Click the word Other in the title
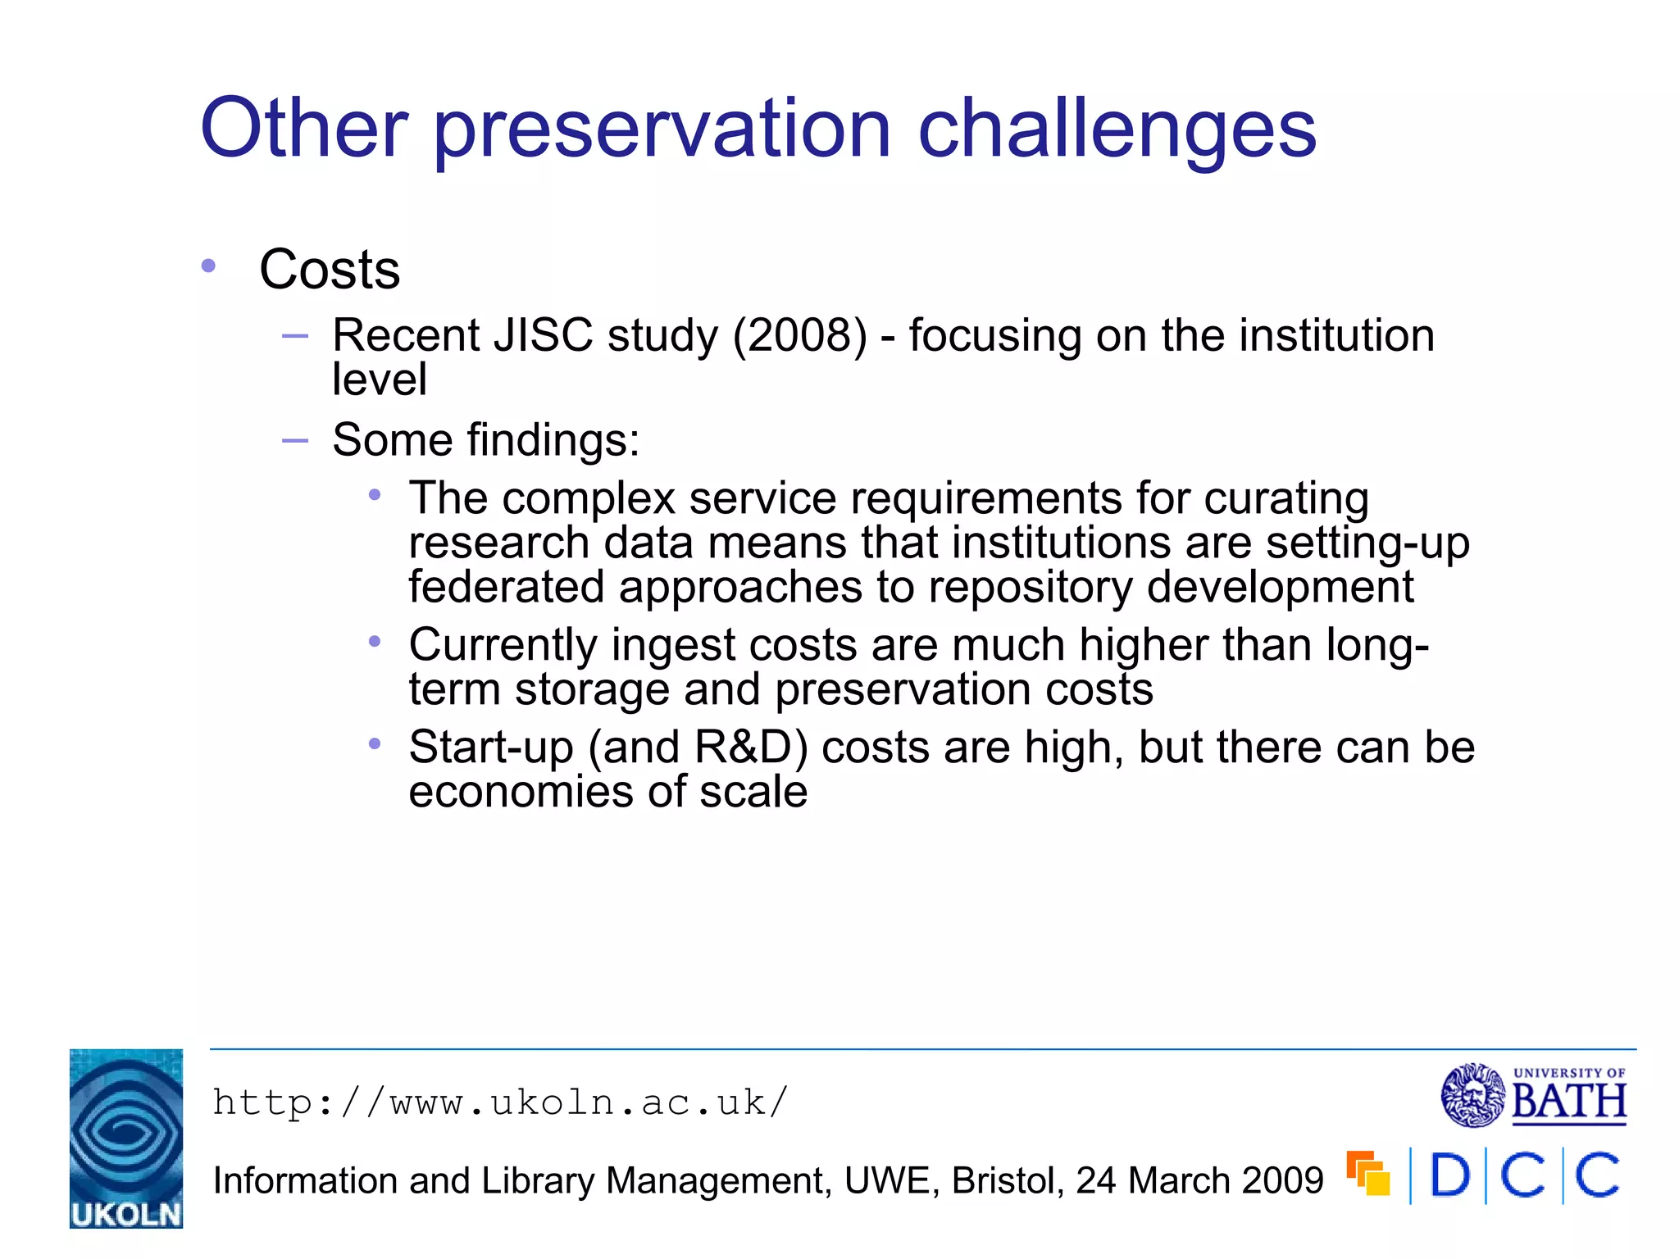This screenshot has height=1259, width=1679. click(304, 129)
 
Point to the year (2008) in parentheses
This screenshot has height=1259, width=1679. click(799, 336)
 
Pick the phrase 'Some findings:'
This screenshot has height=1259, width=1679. click(485, 439)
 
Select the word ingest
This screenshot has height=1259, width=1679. click(673, 646)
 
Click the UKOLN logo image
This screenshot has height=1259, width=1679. click(126, 1138)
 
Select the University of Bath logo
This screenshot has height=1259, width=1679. click(1533, 1095)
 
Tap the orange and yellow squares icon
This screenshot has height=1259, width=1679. click(1367, 1173)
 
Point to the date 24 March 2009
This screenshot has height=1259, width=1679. click(1199, 1181)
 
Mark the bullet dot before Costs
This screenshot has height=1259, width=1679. click(208, 266)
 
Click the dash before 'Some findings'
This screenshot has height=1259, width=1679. click(294, 440)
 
